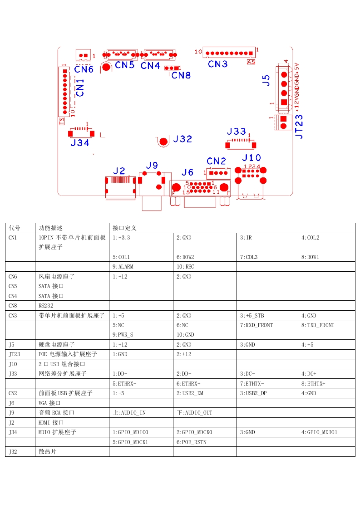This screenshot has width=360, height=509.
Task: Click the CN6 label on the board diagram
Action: tap(84, 69)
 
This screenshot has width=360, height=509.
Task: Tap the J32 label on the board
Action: tap(182, 139)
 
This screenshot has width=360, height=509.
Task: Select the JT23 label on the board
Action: tap(299, 126)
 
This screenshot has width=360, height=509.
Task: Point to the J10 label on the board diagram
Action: tap(251, 158)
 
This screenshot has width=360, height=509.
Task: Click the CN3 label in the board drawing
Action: tap(217, 64)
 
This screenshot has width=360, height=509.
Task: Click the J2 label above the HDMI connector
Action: tap(119, 171)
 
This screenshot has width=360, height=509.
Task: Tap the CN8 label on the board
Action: tap(181, 75)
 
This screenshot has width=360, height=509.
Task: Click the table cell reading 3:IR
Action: tap(246, 238)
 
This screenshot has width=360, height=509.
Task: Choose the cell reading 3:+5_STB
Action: tap(252, 316)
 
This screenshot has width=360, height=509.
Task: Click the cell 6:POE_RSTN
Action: tap(191, 442)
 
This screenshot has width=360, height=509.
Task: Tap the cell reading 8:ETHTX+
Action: tap(313, 384)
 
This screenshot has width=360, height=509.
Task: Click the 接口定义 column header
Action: tap(124, 228)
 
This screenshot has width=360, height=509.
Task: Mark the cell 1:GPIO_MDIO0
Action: tap(130, 432)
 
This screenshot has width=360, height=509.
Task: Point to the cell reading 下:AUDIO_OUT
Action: tap(194, 413)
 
